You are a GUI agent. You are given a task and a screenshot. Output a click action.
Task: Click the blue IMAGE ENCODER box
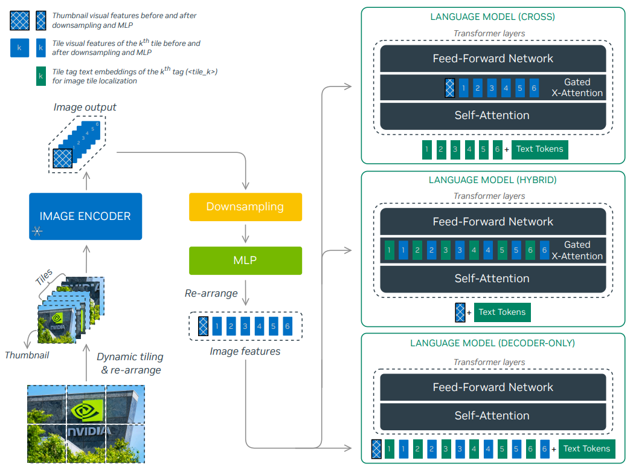pyautogui.click(x=85, y=216)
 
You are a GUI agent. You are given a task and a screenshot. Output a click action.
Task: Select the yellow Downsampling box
pyautogui.click(x=245, y=207)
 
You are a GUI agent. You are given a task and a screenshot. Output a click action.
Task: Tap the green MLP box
pyautogui.click(x=245, y=260)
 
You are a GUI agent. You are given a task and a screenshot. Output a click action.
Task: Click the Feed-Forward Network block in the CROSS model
pyautogui.click(x=493, y=59)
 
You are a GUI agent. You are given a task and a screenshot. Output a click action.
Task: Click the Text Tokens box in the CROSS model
pyautogui.click(x=539, y=149)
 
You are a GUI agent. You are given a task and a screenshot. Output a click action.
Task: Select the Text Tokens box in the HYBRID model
pyautogui.click(x=502, y=312)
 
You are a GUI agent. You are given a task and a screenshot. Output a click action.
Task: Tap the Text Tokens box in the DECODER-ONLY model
pyautogui.click(x=586, y=448)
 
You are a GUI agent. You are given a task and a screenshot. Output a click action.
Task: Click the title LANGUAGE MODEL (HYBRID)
pyautogui.click(x=492, y=180)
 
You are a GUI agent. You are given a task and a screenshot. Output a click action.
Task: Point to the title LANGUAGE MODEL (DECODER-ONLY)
pyautogui.click(x=492, y=343)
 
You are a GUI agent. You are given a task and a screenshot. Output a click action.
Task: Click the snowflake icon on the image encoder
pyautogui.click(x=37, y=230)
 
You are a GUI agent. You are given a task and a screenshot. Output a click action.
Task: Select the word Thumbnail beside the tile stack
pyautogui.click(x=27, y=355)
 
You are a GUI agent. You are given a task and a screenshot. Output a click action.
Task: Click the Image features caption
pyautogui.click(x=245, y=351)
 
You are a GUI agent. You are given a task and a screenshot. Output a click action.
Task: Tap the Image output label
pyautogui.click(x=85, y=108)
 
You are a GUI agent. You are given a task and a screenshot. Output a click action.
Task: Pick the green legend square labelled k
pyautogui.click(x=40, y=76)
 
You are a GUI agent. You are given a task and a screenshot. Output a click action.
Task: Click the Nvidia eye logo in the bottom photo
pyautogui.click(x=86, y=410)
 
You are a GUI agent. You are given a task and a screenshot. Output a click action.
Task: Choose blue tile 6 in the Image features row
pyautogui.click(x=287, y=326)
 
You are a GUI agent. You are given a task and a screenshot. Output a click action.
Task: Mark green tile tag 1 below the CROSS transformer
pyautogui.click(x=426, y=149)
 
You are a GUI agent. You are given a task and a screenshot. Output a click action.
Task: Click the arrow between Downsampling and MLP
pyautogui.click(x=245, y=233)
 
